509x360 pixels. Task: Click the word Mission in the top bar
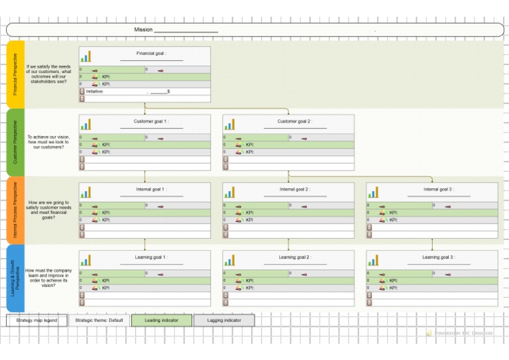pyautogui.click(x=143, y=30)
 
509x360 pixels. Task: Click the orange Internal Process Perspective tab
pyautogui.click(x=16, y=209)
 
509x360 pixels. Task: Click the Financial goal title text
pyautogui.click(x=151, y=53)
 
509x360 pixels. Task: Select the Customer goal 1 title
pyautogui.click(x=151, y=121)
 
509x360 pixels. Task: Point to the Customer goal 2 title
pyautogui.click(x=294, y=121)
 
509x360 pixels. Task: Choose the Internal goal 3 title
pyautogui.click(x=438, y=189)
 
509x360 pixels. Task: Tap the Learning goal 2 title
pyautogui.click(x=294, y=257)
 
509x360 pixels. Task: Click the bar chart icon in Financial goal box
pyautogui.click(x=86, y=56)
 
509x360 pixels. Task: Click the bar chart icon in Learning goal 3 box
pyautogui.click(x=373, y=260)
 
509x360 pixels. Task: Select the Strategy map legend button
pyautogui.click(x=36, y=320)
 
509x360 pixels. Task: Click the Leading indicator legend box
pyautogui.click(x=161, y=320)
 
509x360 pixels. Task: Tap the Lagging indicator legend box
pyautogui.click(x=224, y=320)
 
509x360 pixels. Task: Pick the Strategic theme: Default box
pyautogui.click(x=99, y=320)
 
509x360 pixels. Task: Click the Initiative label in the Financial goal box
pyautogui.click(x=95, y=91)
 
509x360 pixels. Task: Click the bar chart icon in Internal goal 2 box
pyautogui.click(x=229, y=192)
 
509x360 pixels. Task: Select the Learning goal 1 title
pyautogui.click(x=151, y=257)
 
